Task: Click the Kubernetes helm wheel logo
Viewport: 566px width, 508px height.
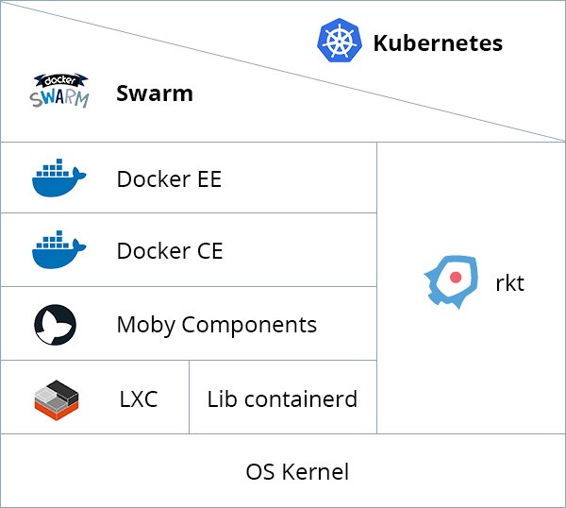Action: pyautogui.click(x=340, y=42)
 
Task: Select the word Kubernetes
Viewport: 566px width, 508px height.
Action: pyautogui.click(x=438, y=43)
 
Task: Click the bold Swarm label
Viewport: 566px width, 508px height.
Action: pyautogui.click(x=154, y=93)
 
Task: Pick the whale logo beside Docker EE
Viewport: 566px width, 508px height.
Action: pyautogui.click(x=58, y=178)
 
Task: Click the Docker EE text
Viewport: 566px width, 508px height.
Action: pyautogui.click(x=169, y=178)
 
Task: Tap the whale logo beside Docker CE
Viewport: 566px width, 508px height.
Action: pyautogui.click(x=58, y=250)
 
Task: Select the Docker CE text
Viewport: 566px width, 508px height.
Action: pyautogui.click(x=170, y=251)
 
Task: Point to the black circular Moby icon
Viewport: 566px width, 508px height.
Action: pyautogui.click(x=55, y=324)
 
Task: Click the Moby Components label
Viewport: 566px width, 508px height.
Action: pyautogui.click(x=216, y=326)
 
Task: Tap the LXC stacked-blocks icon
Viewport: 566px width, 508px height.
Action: pyautogui.click(x=56, y=399)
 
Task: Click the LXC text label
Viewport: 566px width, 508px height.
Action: pyautogui.click(x=139, y=399)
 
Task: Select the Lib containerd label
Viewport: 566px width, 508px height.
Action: pyautogui.click(x=282, y=399)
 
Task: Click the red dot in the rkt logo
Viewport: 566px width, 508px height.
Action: pyautogui.click(x=455, y=278)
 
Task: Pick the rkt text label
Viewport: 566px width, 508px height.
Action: pyautogui.click(x=509, y=283)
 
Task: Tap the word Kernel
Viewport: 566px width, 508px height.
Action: pyautogui.click(x=316, y=472)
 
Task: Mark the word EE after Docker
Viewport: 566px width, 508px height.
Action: pyautogui.click(x=208, y=178)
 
